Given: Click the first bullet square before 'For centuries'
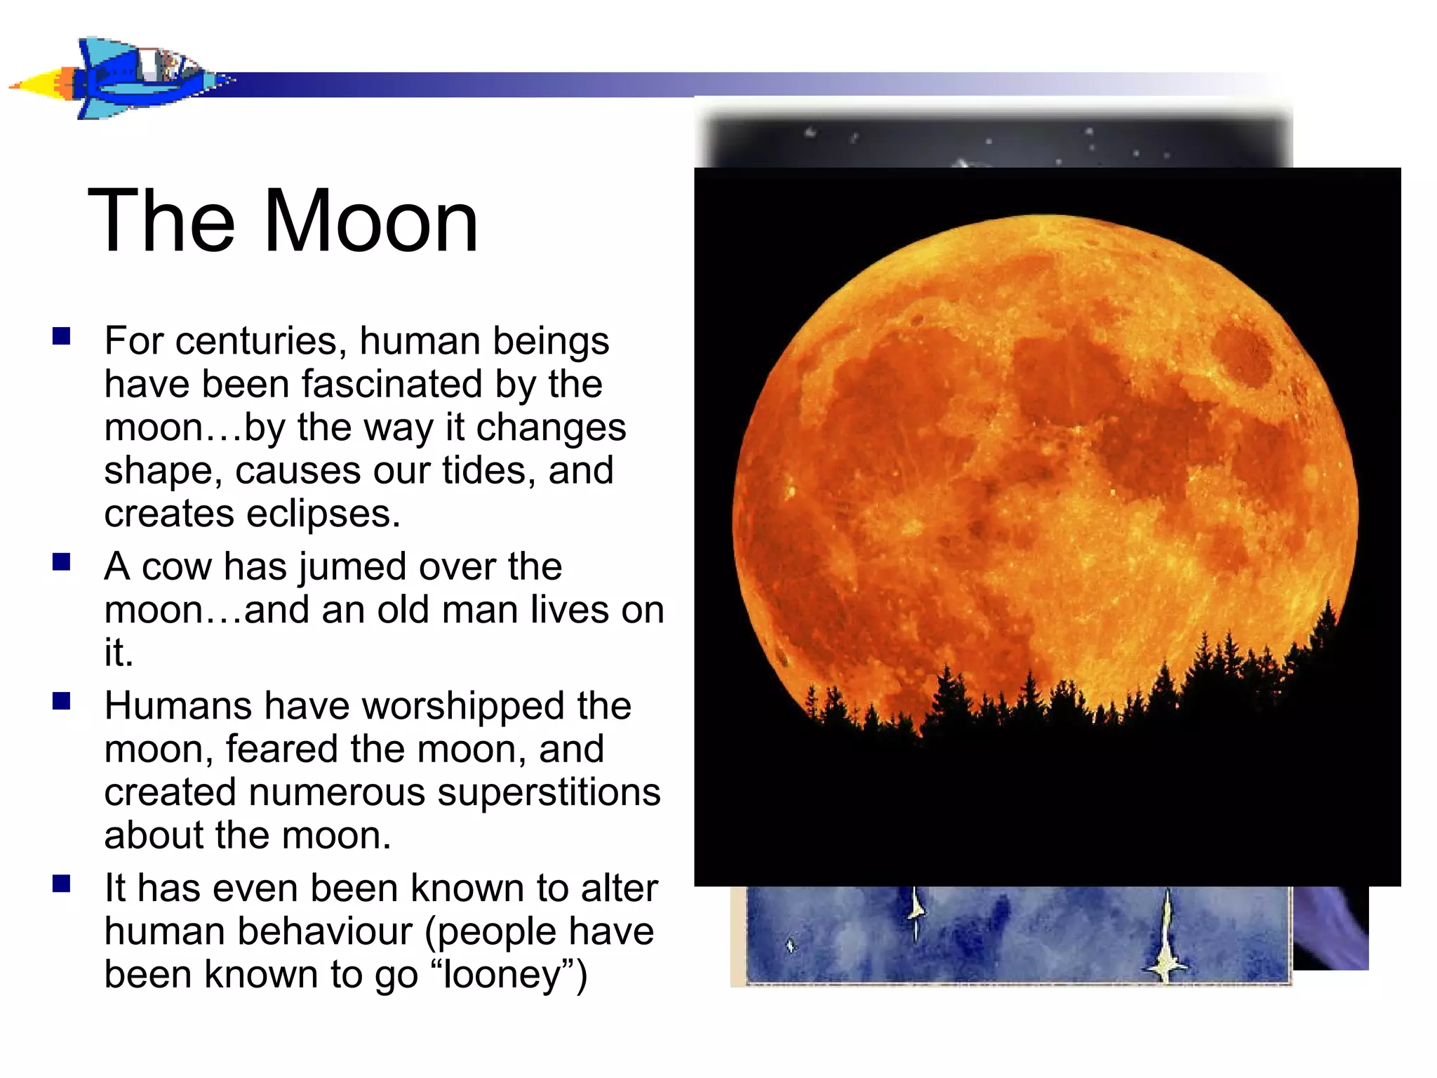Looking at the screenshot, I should pyautogui.click(x=62, y=336).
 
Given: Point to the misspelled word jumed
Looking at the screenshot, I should pyautogui.click(x=351, y=567).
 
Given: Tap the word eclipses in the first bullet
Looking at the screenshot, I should pyautogui.click(x=323, y=514).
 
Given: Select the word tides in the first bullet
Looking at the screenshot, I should pyautogui.click(x=488, y=471).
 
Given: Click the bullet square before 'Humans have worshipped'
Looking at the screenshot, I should pyautogui.click(x=62, y=701).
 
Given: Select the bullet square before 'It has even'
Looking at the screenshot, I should pyautogui.click(x=62, y=884).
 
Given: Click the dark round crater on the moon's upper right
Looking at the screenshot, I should pyautogui.click(x=1243, y=353).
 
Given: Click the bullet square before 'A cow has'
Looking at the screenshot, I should pyautogui.click(x=62, y=562).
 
